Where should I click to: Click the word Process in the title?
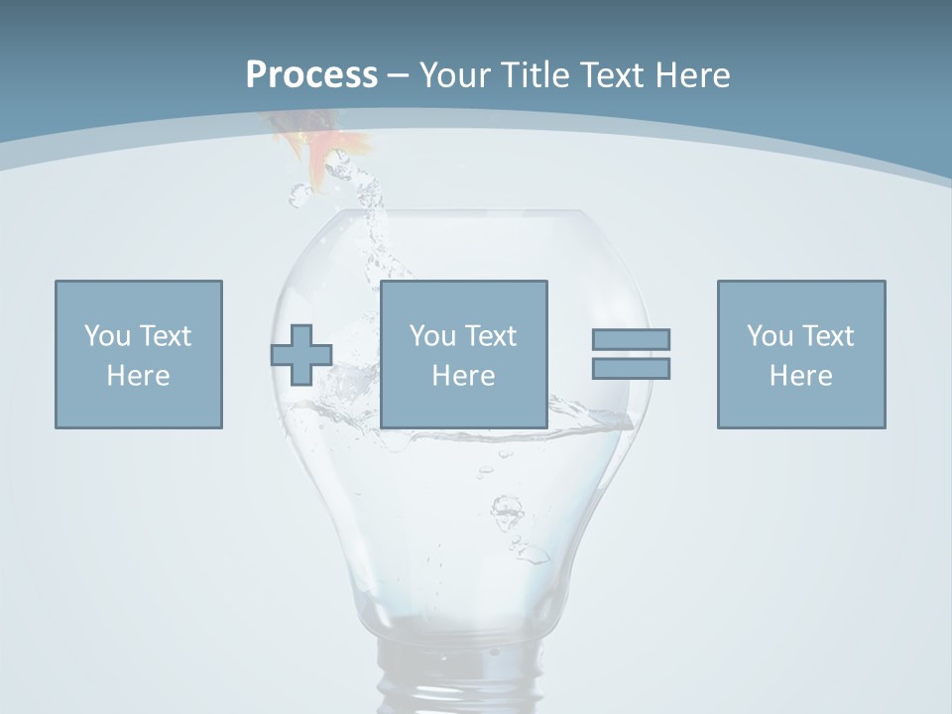(x=311, y=75)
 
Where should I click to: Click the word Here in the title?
(x=695, y=75)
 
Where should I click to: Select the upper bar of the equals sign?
(x=631, y=339)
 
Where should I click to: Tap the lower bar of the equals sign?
(x=631, y=368)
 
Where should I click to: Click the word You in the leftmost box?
(x=107, y=336)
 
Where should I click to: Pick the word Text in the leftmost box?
(x=165, y=336)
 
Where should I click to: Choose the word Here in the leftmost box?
(x=139, y=376)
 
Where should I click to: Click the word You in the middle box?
(x=432, y=336)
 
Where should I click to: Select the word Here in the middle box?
(x=464, y=376)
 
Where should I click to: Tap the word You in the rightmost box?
(x=770, y=336)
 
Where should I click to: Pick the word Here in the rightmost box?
(x=801, y=376)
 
